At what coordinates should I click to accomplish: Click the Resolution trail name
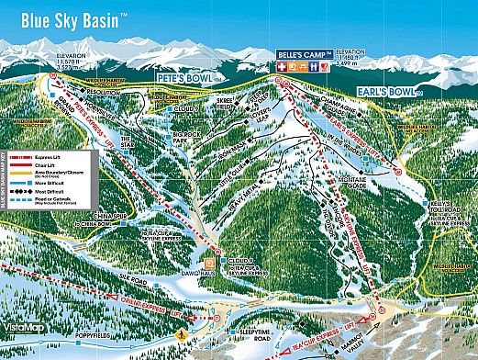103,93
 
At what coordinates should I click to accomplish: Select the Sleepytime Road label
255,336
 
